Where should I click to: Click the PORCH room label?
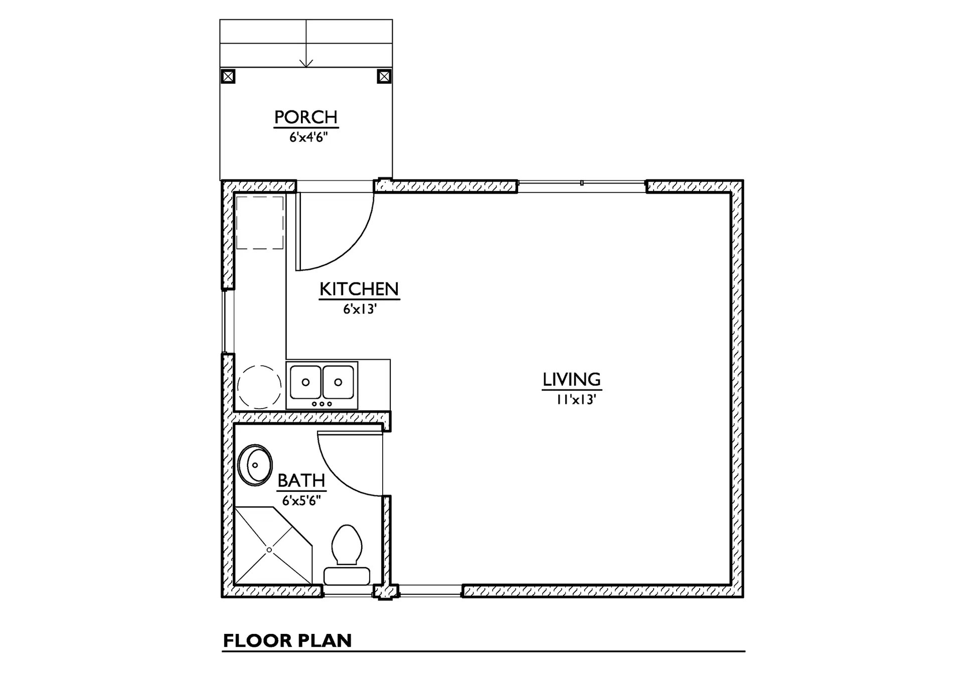point(306,117)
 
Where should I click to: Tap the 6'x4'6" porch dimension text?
point(308,137)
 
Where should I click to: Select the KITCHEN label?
point(359,289)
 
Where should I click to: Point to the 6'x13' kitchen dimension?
point(360,309)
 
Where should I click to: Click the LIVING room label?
point(572,380)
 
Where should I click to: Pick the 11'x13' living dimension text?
point(575,400)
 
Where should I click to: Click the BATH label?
point(301,480)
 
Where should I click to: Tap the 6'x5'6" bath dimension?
point(301,500)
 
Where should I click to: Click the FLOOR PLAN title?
point(287,641)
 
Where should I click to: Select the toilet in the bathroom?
point(347,555)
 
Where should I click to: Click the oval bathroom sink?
point(255,465)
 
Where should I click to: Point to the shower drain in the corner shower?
point(269,550)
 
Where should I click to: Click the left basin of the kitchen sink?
point(305,382)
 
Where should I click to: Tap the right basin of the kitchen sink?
point(338,382)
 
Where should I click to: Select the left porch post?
point(228,77)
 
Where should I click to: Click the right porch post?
point(384,77)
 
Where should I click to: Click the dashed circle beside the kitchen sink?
point(259,387)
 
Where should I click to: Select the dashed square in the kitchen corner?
point(260,223)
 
